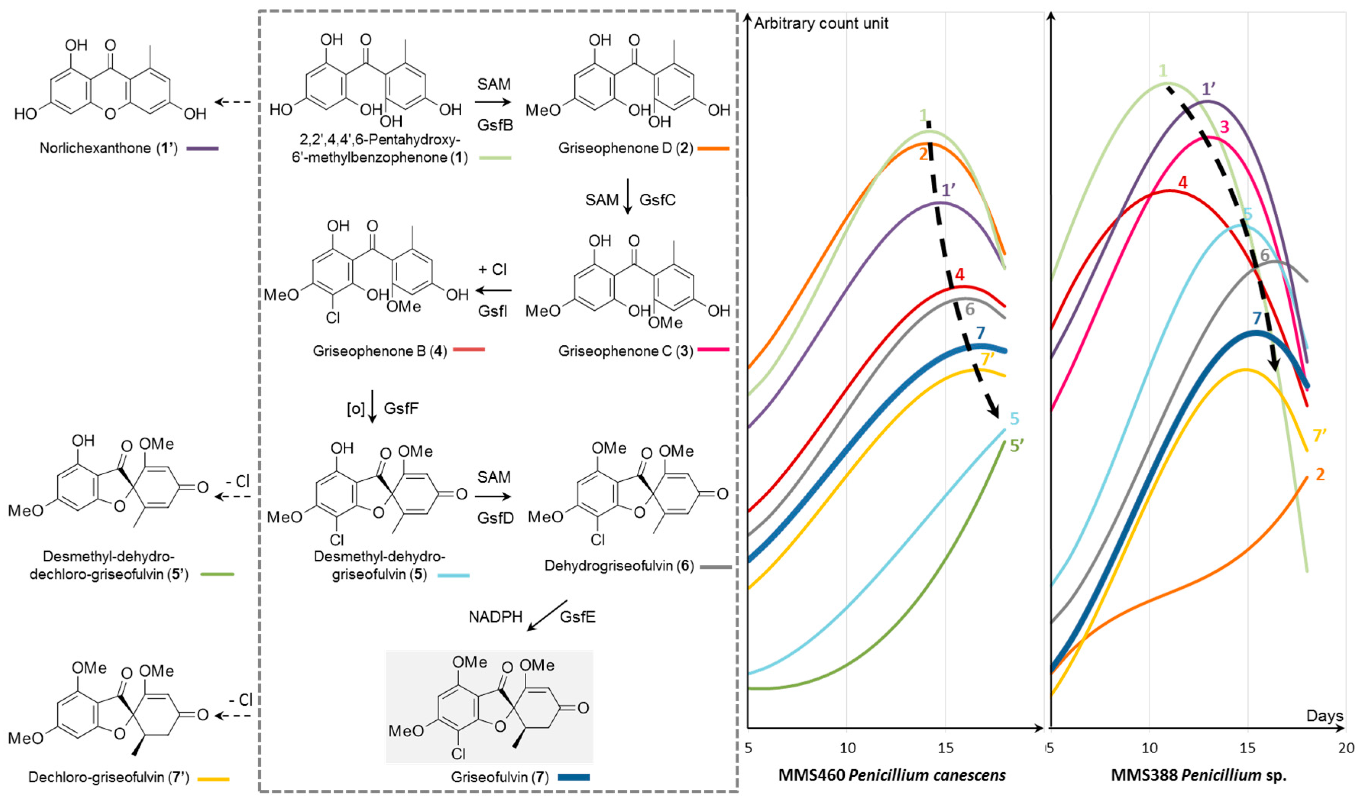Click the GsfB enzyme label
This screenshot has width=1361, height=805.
(495, 125)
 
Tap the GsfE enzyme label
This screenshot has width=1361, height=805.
(578, 617)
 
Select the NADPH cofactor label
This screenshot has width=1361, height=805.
(495, 617)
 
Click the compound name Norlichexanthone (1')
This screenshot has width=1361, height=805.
(108, 148)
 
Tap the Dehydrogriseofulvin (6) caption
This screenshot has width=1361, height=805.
(619, 566)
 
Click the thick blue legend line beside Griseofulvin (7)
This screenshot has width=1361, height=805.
(574, 777)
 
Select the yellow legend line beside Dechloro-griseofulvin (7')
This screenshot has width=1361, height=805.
(213, 779)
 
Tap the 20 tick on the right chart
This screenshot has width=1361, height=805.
(1345, 748)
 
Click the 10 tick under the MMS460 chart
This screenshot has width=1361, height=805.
(847, 748)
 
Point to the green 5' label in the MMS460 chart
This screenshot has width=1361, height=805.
(1016, 446)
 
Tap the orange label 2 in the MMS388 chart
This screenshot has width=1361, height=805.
(1320, 475)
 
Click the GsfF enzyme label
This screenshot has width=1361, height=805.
(401, 408)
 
